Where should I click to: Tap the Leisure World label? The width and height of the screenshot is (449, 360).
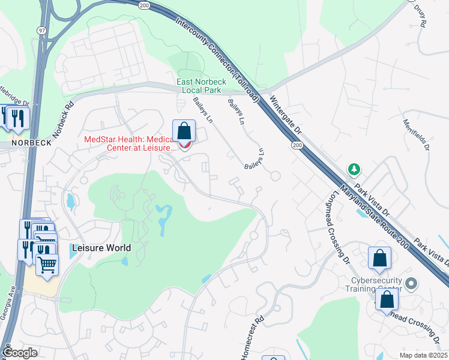click(101, 247)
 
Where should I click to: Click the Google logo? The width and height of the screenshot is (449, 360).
click(20, 353)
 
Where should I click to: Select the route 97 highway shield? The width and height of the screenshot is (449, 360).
click(41, 47)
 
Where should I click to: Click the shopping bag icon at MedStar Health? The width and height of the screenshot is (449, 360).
click(184, 131)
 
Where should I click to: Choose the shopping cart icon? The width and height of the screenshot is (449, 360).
click(47, 265)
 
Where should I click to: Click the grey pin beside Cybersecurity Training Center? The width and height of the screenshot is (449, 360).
click(411, 283)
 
